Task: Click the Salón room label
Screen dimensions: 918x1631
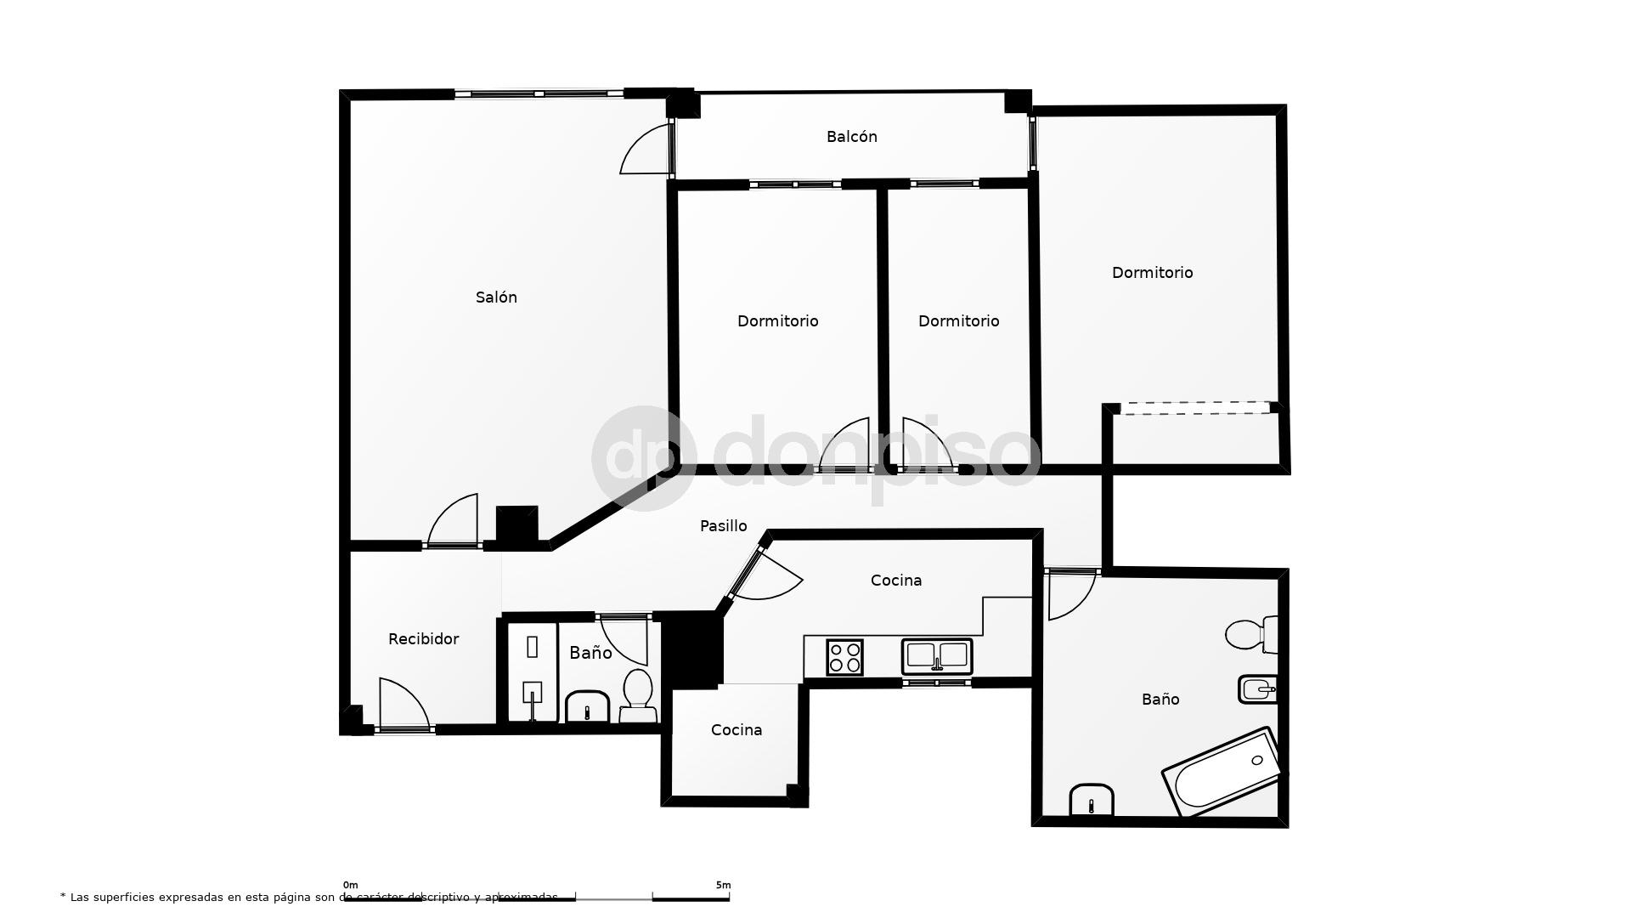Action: click(x=496, y=297)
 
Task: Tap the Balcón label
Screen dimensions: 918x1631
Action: click(x=851, y=137)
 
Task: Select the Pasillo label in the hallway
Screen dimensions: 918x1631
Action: click(x=723, y=526)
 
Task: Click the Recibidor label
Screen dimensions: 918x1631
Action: click(x=423, y=639)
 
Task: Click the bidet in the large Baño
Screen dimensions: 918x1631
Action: click(x=1257, y=688)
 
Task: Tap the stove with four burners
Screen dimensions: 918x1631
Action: click(x=844, y=657)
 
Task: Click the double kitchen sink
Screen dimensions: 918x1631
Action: click(x=936, y=656)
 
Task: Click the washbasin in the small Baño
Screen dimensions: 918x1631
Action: click(x=586, y=706)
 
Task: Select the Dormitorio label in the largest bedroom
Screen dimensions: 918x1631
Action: click(x=1152, y=273)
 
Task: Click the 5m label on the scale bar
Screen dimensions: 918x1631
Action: click(x=723, y=885)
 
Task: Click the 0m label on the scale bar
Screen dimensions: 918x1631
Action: click(x=350, y=885)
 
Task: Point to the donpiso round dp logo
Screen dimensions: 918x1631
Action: click(x=643, y=458)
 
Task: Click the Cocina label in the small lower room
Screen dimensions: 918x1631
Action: click(x=736, y=730)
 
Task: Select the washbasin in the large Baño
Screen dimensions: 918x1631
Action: click(x=1091, y=800)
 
